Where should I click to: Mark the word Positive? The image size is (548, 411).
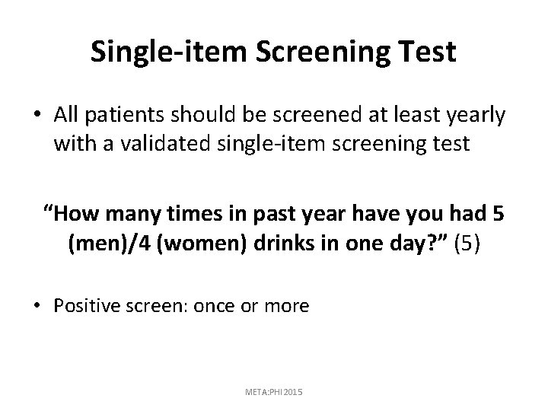(86, 306)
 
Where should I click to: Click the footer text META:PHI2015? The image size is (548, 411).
(274, 390)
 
